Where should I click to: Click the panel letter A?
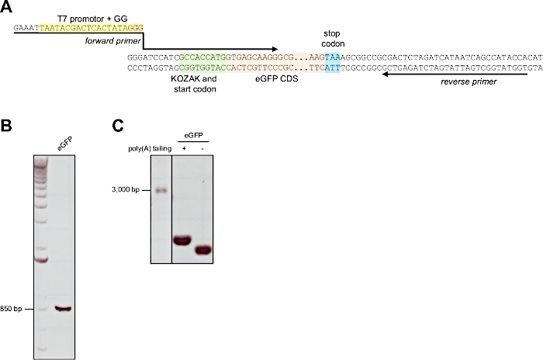tap(7, 7)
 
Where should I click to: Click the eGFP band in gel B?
tap(64, 309)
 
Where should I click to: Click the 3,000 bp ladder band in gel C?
tap(161, 190)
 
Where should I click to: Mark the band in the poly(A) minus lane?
tap(204, 251)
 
